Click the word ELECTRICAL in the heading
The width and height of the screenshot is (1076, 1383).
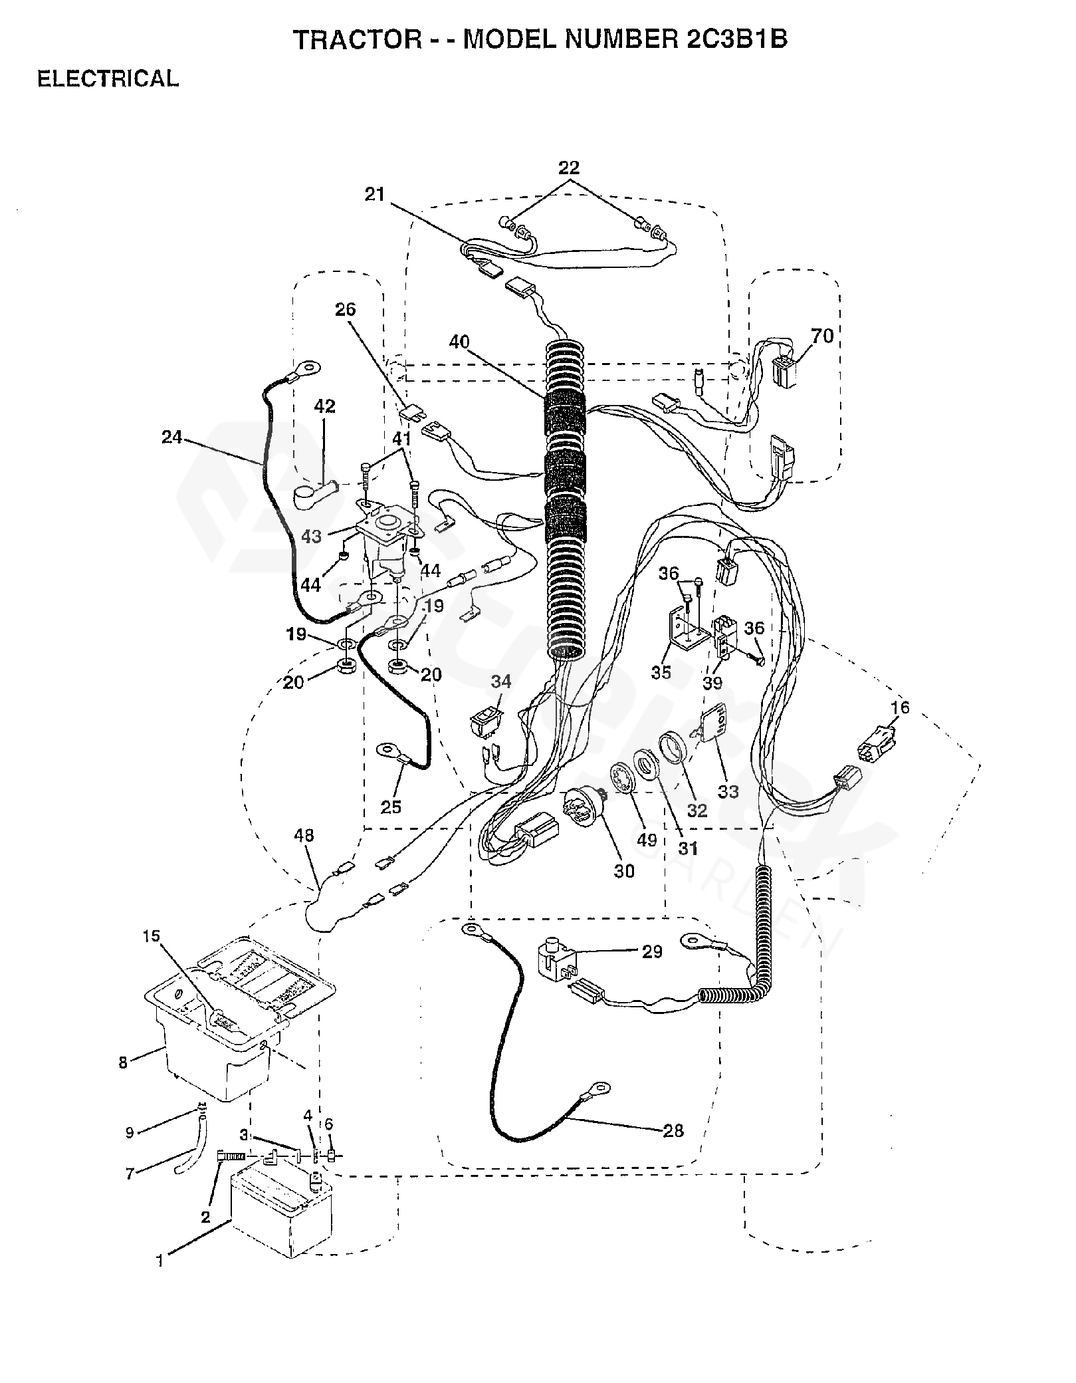(108, 78)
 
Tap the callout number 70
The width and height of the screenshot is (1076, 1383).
(822, 336)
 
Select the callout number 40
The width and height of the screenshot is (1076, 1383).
(459, 342)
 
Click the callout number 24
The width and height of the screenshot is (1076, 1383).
(172, 438)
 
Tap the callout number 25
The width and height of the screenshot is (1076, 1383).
(391, 807)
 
